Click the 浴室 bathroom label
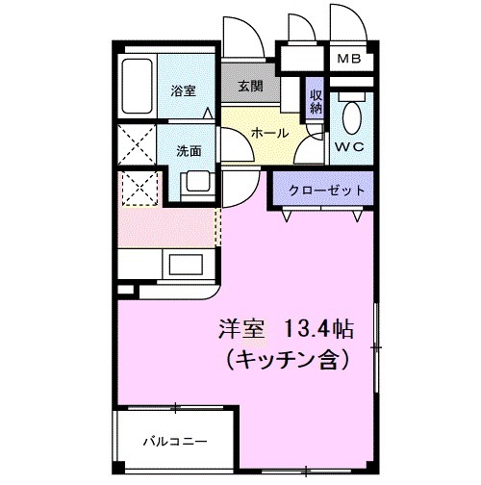[185, 92]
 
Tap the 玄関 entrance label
[251, 86]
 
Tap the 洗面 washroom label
[189, 150]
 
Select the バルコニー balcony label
[174, 442]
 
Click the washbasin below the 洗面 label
[197, 180]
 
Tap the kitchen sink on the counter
[186, 262]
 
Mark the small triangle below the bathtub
[207, 112]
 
